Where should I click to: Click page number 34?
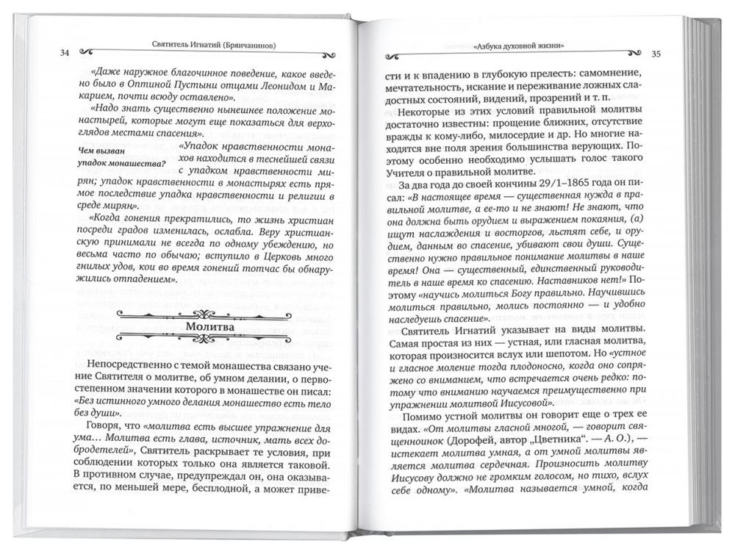pyautogui.click(x=65, y=52)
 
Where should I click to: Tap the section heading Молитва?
pyautogui.click(x=209, y=325)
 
